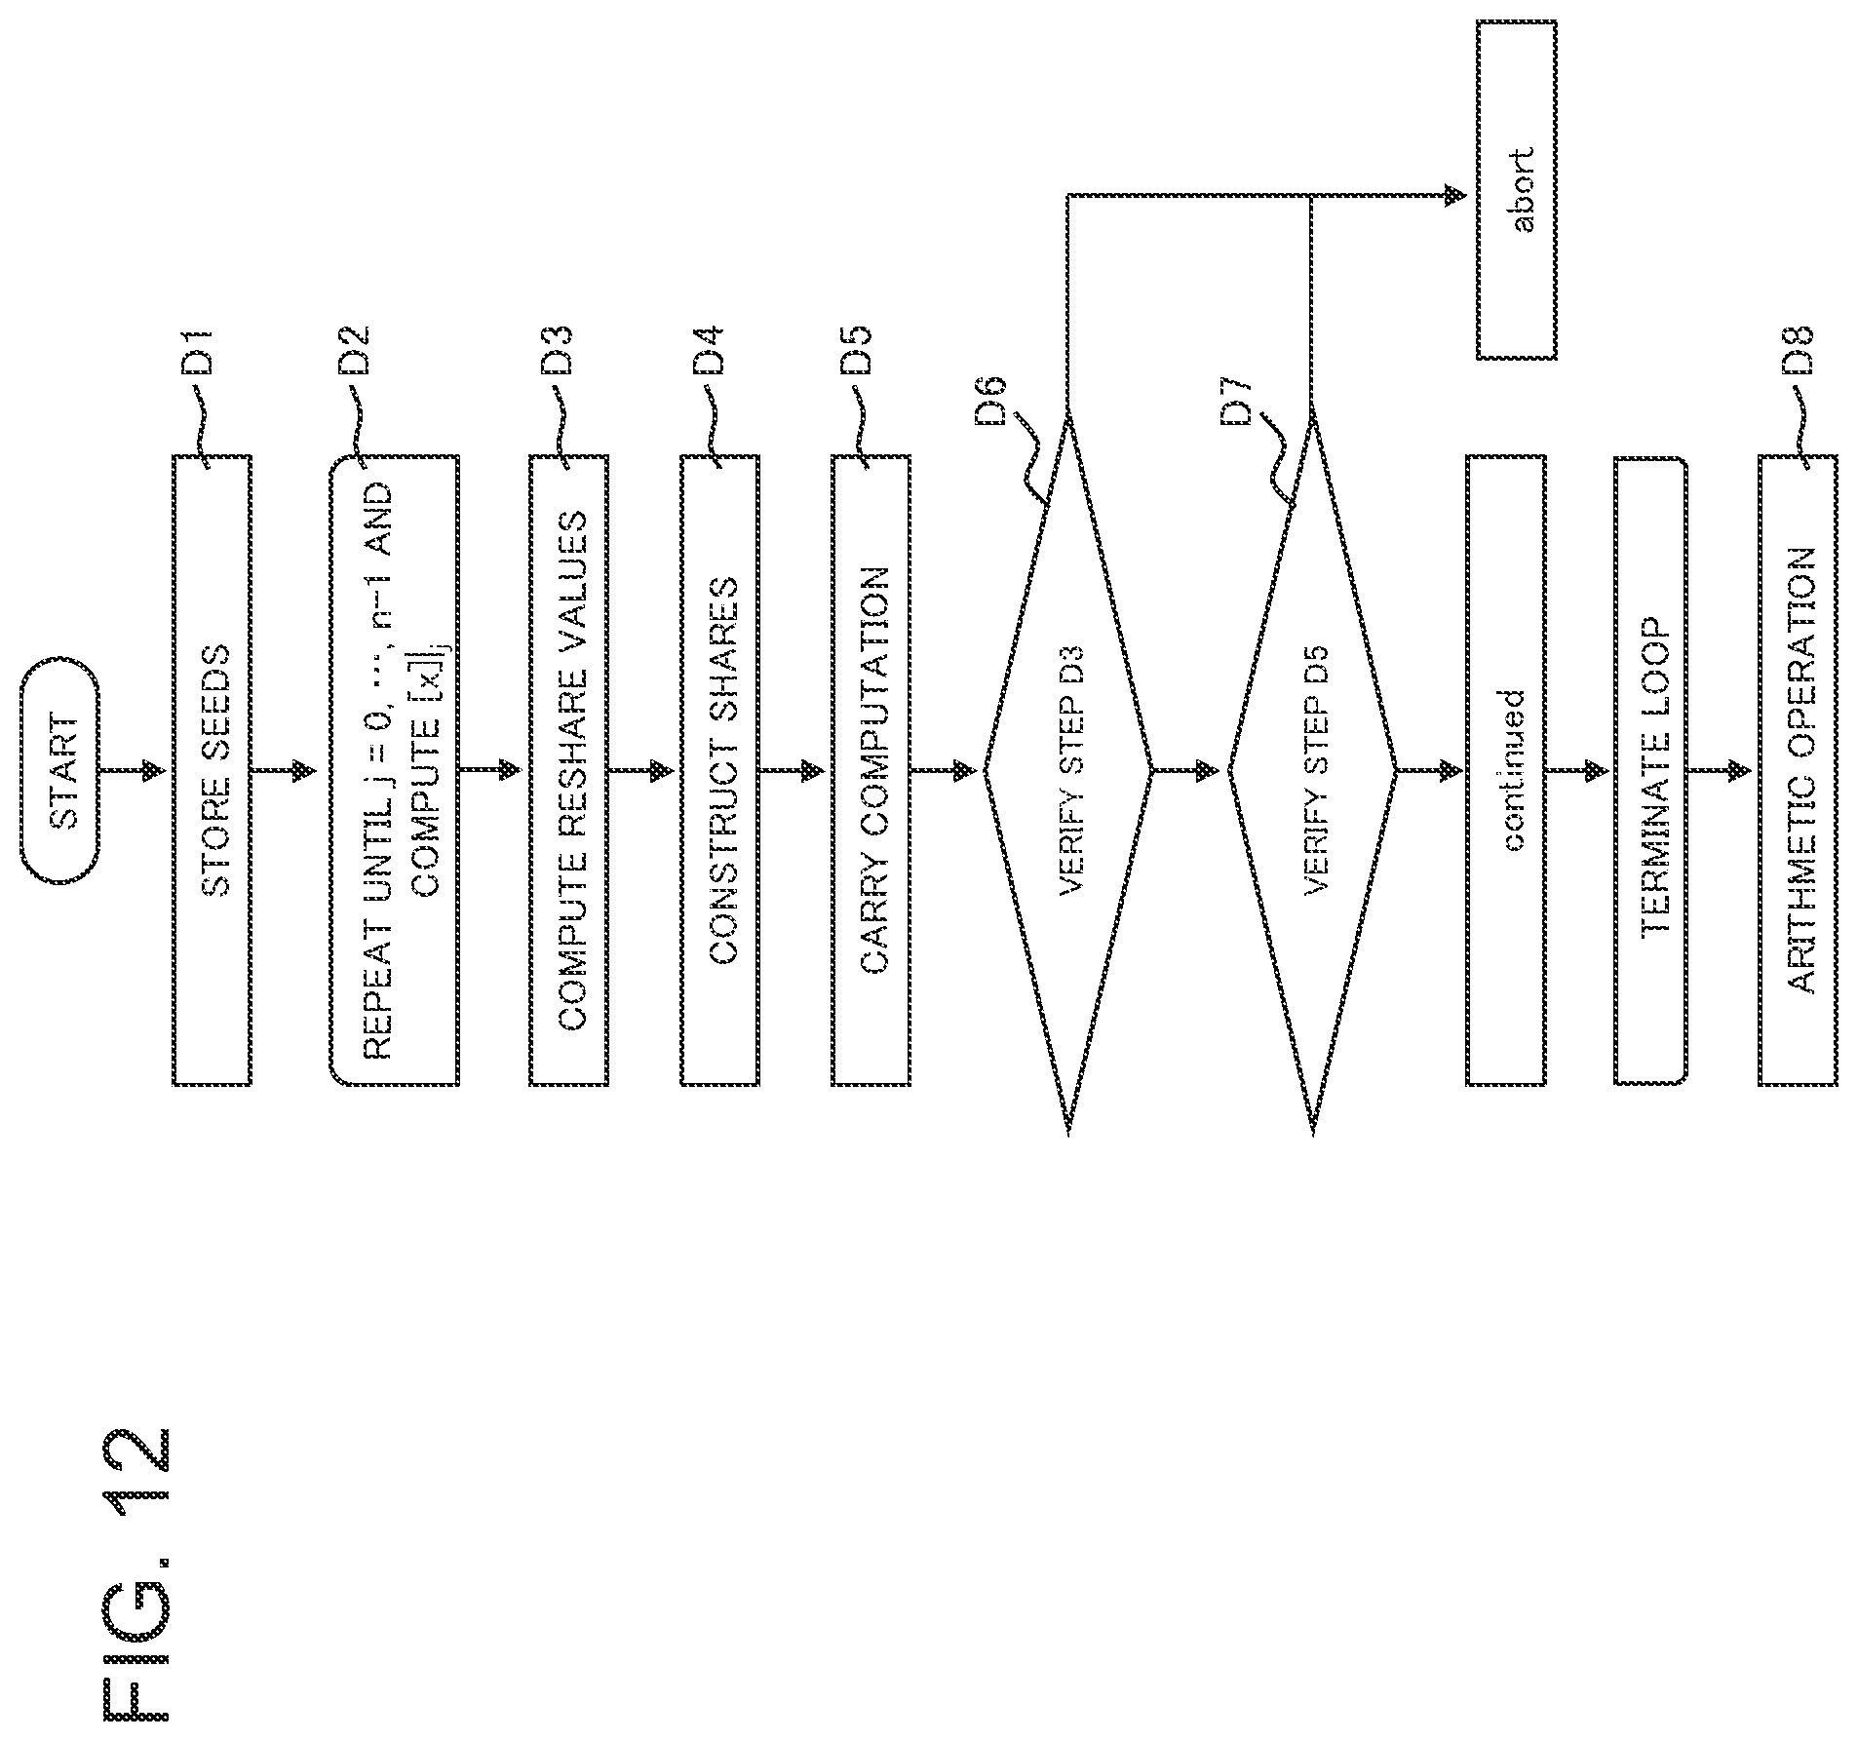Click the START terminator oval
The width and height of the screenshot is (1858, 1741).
pos(59,770)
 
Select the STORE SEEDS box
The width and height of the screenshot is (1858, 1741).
pos(213,770)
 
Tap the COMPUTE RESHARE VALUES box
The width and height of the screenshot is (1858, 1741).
pos(569,770)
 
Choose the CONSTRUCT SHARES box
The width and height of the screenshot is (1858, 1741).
pos(719,770)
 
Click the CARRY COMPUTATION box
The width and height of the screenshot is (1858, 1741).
pos(871,770)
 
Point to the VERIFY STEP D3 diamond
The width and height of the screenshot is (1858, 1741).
pos(1068,770)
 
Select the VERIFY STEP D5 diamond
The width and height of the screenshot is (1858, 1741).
pos(1312,770)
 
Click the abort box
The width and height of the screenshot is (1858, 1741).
pos(1517,190)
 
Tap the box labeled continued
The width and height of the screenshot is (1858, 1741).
pos(1506,770)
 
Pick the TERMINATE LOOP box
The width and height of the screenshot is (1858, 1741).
pos(1651,770)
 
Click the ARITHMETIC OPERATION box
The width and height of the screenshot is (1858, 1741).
pos(1799,770)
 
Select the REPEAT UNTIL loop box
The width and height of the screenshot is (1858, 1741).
pos(394,770)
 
